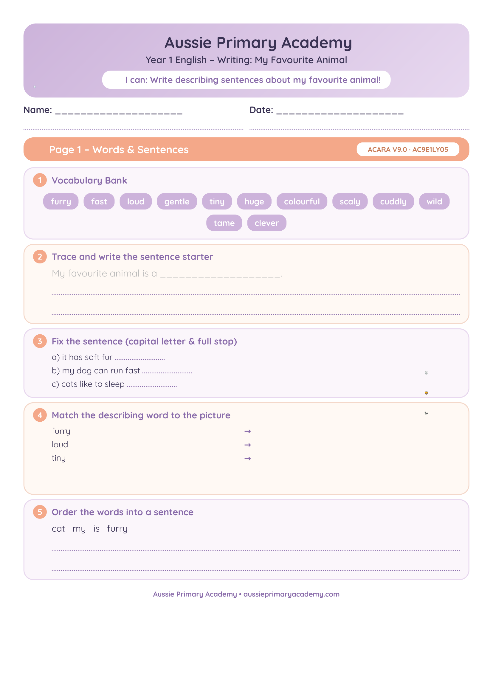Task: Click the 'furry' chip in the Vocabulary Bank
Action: [x=61, y=201]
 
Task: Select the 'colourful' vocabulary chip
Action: [x=302, y=201]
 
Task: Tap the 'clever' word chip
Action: [x=266, y=223]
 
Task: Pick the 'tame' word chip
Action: [x=224, y=223]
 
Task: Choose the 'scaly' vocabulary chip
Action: [x=350, y=201]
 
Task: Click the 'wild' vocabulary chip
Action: [x=434, y=201]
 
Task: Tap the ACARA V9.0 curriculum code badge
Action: [x=408, y=149]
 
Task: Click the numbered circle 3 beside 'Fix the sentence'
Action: [x=40, y=341]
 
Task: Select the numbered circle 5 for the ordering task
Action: [x=40, y=512]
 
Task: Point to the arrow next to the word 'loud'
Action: [x=247, y=445]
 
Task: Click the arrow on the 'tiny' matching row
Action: [x=247, y=458]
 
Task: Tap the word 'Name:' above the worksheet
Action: [x=38, y=110]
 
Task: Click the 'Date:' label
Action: [x=261, y=110]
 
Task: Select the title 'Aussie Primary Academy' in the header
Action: [x=258, y=43]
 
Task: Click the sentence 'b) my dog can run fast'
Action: [x=96, y=371]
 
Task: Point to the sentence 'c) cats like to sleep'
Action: [x=88, y=384]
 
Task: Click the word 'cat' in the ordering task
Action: [x=58, y=529]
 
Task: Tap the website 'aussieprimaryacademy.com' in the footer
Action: [x=292, y=594]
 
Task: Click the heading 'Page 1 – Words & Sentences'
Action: [x=119, y=149]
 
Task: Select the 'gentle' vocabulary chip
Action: [x=177, y=201]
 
